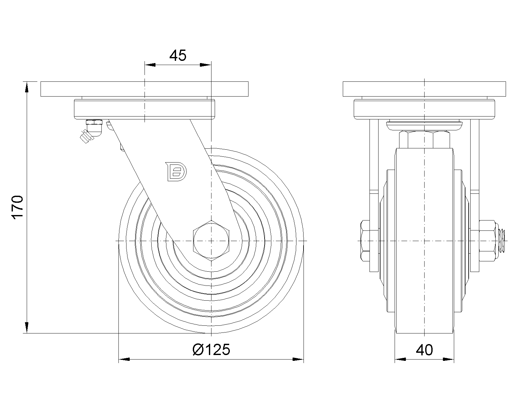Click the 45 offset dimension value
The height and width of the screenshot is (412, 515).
pyautogui.click(x=178, y=56)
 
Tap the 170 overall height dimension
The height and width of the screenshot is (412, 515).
pyautogui.click(x=17, y=207)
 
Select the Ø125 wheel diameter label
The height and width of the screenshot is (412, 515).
pyautogui.click(x=211, y=350)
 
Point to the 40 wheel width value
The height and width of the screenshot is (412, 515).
pyautogui.click(x=424, y=350)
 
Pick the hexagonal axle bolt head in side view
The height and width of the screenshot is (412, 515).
pyautogui.click(x=211, y=240)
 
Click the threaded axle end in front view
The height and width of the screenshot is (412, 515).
pyautogui.click(x=502, y=240)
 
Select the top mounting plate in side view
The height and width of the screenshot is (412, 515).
pyautogui.click(x=145, y=89)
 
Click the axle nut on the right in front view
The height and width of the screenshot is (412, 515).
pyautogui.click(x=487, y=240)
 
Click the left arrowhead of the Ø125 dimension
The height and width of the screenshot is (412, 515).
pyautogui.click(x=124, y=359)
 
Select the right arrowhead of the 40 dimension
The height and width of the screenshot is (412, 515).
pyautogui.click(x=449, y=359)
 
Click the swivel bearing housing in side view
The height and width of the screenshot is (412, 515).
pyautogui.click(x=145, y=109)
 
